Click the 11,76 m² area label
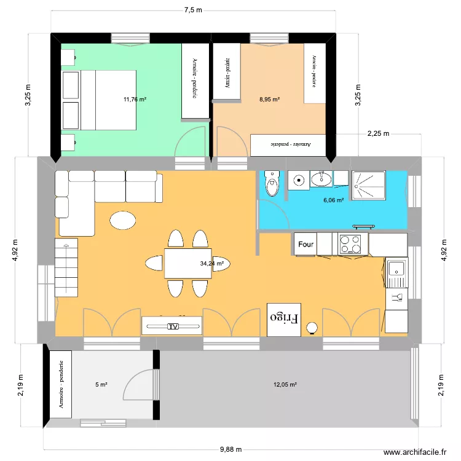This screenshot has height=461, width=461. [135, 99]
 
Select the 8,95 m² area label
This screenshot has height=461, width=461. [269, 99]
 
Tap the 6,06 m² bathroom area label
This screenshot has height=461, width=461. [334, 200]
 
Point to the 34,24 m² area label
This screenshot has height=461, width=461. [211, 263]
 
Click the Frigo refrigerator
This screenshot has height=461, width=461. [284, 319]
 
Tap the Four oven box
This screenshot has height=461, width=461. [305, 244]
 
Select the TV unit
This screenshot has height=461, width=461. [172, 326]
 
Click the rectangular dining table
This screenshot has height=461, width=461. [187, 263]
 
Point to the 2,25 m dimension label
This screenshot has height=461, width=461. [378, 133]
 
